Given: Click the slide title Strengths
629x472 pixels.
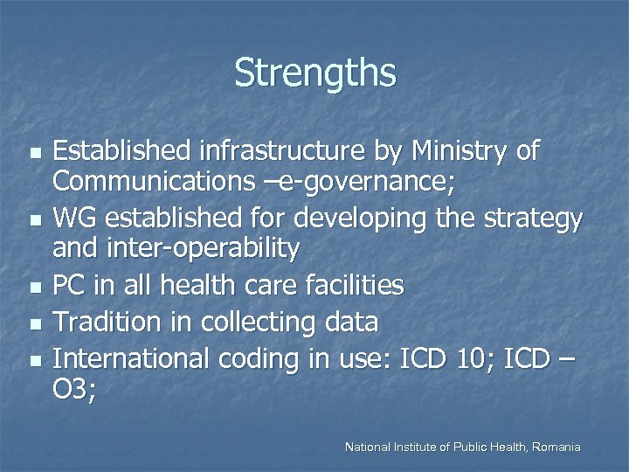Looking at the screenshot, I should pyautogui.click(x=314, y=73).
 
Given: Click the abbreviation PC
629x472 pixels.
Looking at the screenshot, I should pyautogui.click(x=70, y=285).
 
